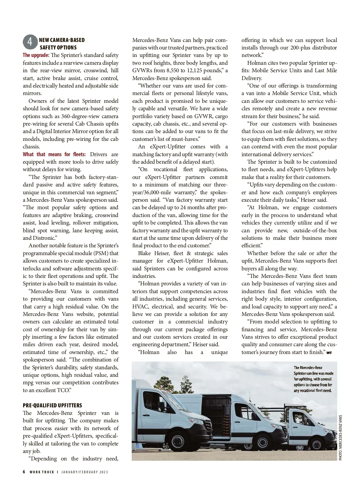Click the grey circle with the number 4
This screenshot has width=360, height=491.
click(x=30, y=42)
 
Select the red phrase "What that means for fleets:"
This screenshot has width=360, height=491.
click(x=54, y=154)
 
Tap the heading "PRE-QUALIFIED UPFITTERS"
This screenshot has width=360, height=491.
click(x=52, y=406)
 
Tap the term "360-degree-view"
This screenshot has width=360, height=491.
click(x=79, y=116)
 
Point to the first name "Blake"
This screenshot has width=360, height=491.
click(x=145, y=253)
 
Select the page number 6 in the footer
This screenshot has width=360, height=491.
click(x=24, y=472)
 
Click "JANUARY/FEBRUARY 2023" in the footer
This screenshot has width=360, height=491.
click(x=85, y=472)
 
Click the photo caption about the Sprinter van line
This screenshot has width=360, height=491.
click(x=313, y=379)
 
